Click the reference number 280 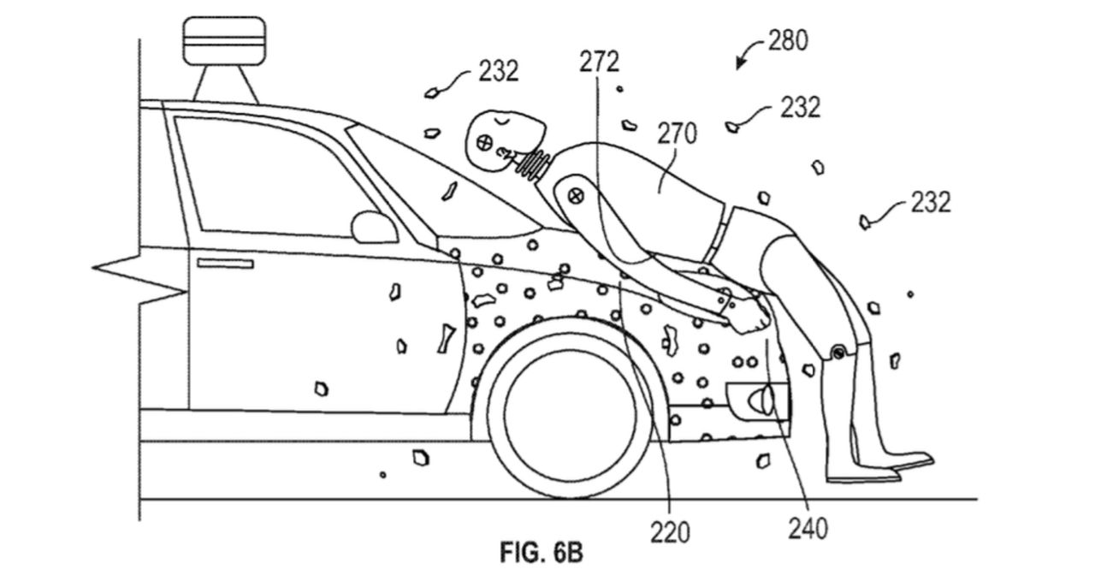pyautogui.click(x=787, y=41)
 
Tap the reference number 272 pyautogui.click(x=598, y=62)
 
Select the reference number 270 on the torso pyautogui.click(x=677, y=133)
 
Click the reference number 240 pyautogui.click(x=808, y=529)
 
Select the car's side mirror pyautogui.click(x=374, y=227)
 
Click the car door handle pyautogui.click(x=225, y=264)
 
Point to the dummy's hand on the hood pyautogui.click(x=749, y=317)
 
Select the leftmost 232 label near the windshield pyautogui.click(x=498, y=72)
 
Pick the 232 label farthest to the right pyautogui.click(x=930, y=202)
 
